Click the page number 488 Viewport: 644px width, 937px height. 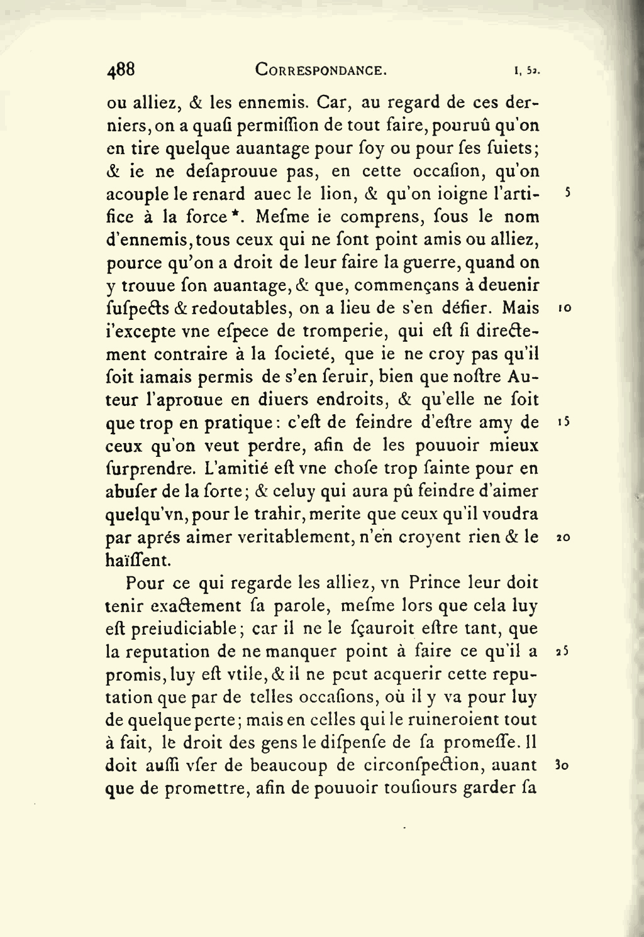click(x=121, y=69)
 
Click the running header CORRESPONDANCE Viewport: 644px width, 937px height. click(x=321, y=70)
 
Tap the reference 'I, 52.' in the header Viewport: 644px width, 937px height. click(x=528, y=71)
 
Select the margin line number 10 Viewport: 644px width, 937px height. click(x=564, y=309)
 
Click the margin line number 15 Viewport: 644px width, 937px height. click(x=563, y=424)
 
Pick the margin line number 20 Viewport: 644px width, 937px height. click(x=563, y=538)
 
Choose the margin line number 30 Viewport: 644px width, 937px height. click(x=563, y=767)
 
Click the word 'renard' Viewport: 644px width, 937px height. click(x=222, y=194)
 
